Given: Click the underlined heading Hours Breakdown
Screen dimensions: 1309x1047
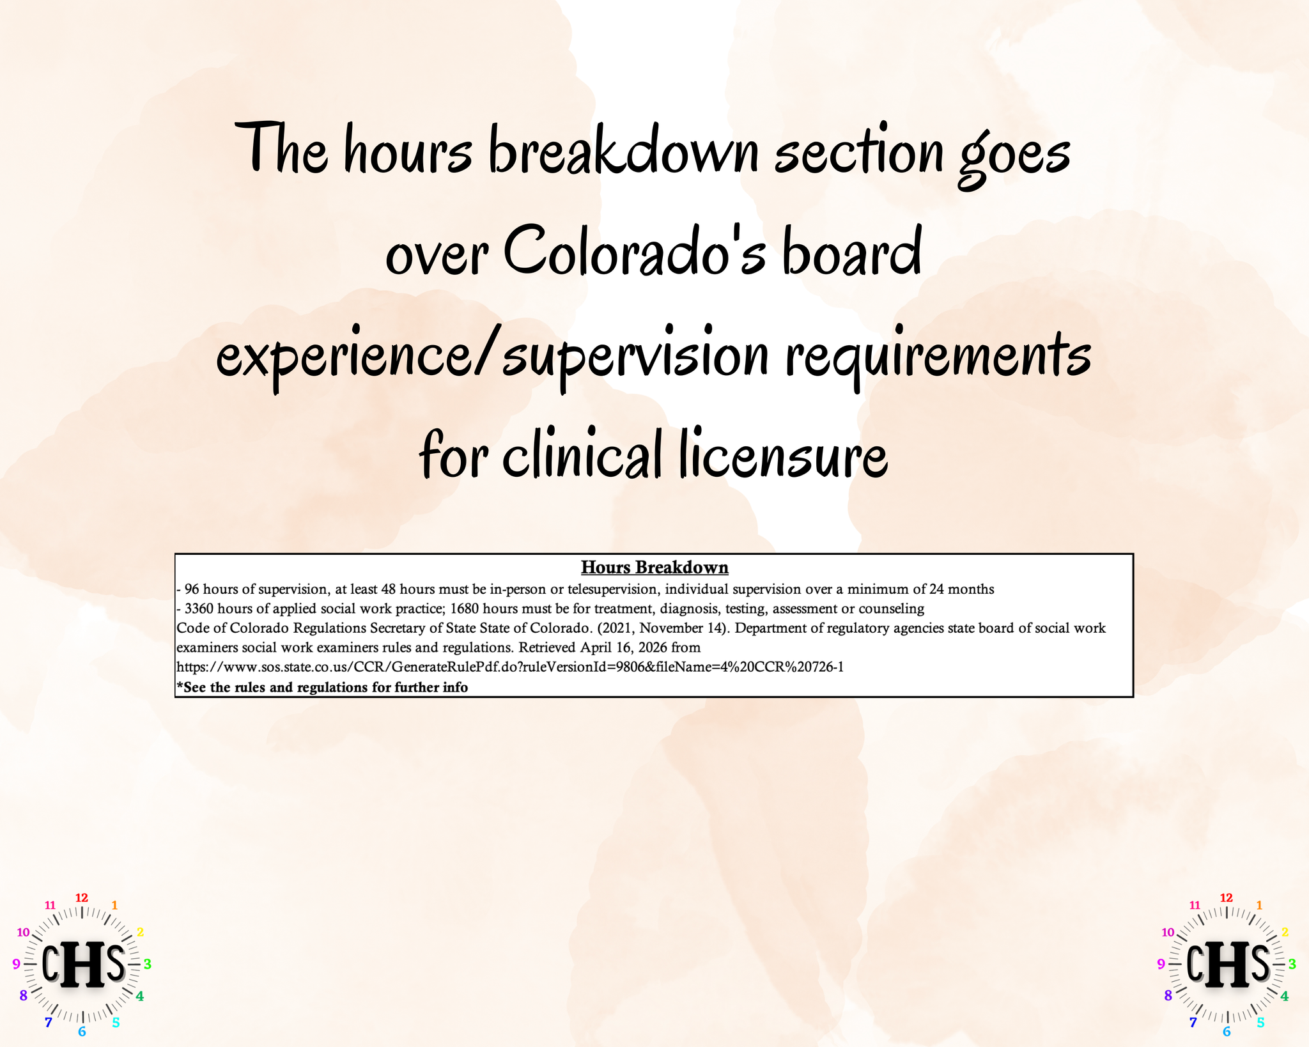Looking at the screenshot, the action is pos(654,567).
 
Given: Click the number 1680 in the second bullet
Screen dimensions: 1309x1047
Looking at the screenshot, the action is pos(465,609).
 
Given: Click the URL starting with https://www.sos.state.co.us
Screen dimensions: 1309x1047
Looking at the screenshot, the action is pos(510,667).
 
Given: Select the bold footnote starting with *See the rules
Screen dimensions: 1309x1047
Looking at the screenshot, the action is pos(322,687).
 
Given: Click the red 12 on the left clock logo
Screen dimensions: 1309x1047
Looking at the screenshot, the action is pos(82,898).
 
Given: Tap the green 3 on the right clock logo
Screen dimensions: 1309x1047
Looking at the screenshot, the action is pos(1292,964).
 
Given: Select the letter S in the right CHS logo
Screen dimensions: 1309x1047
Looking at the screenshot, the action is pos(1259,963).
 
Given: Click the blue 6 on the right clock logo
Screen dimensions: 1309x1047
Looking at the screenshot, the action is pos(1227,1031).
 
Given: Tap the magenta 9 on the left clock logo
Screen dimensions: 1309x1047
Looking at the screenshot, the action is pos(17,964).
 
